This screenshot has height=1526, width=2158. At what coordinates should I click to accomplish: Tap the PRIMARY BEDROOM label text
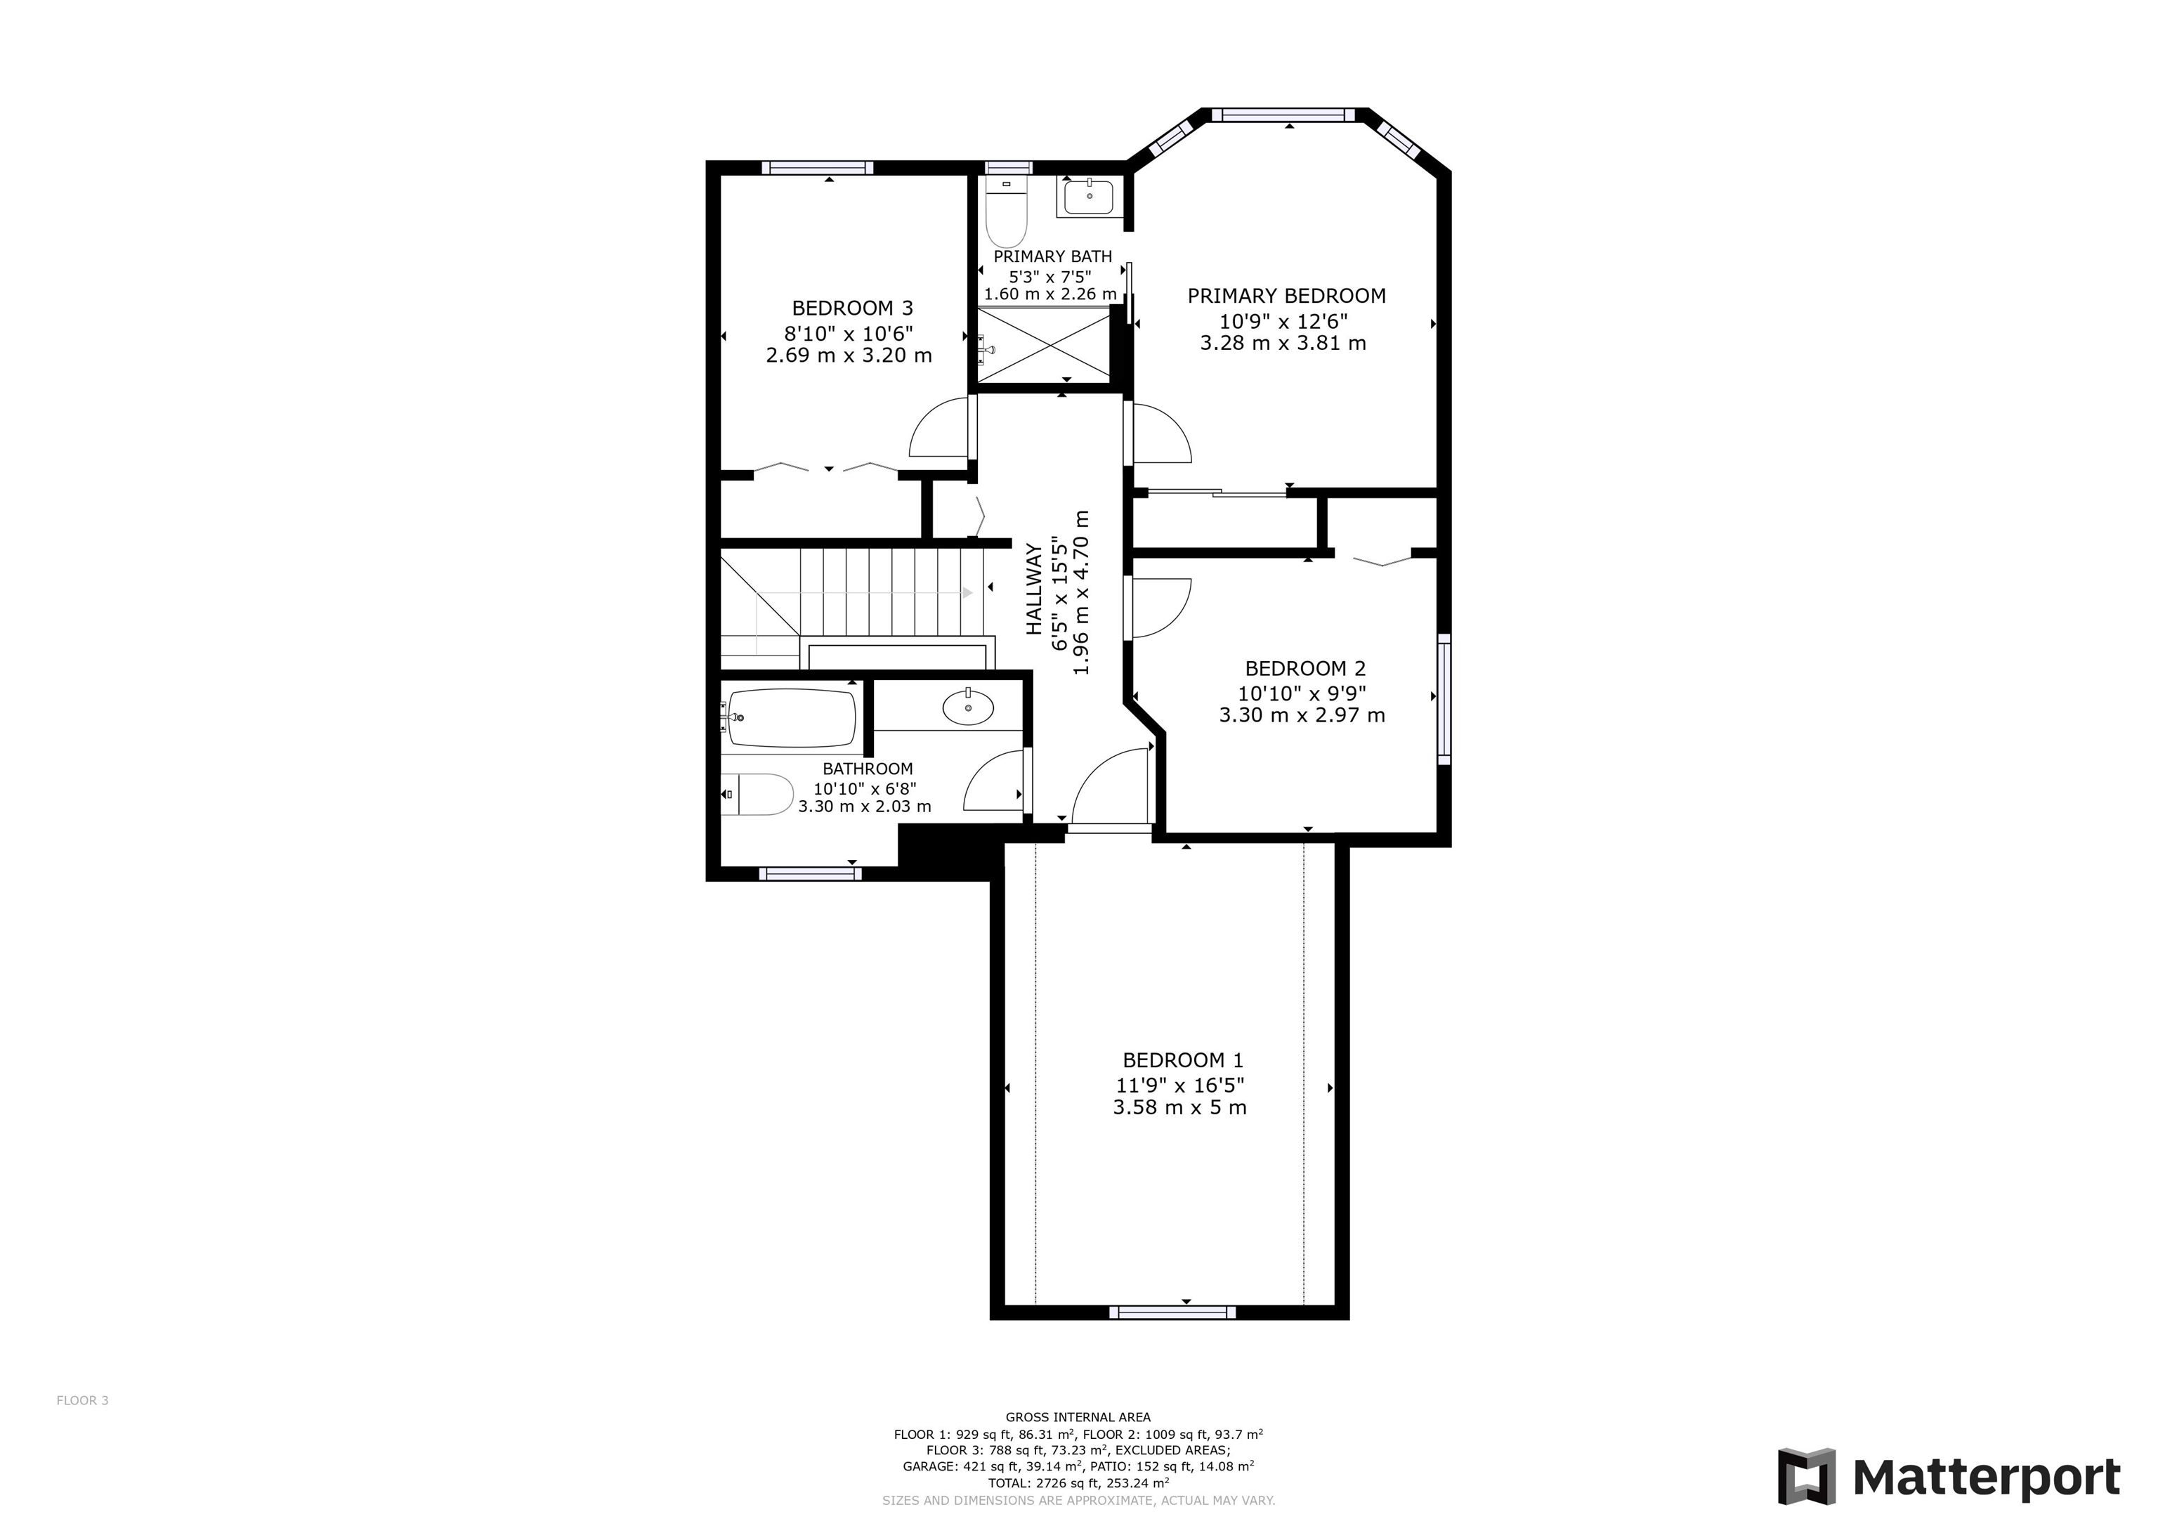[x=1286, y=296]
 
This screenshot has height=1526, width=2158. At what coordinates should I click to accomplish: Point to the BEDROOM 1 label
[x=1182, y=1061]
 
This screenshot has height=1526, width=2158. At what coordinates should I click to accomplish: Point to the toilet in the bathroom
[x=757, y=795]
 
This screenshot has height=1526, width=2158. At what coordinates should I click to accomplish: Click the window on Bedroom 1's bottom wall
[x=1172, y=1312]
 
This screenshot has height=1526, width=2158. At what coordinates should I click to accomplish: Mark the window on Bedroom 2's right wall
[x=1444, y=698]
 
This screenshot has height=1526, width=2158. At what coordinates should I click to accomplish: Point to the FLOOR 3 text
[x=83, y=1400]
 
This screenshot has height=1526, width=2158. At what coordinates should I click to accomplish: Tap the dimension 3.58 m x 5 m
[x=1179, y=1107]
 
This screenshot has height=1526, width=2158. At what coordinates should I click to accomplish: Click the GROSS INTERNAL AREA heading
[x=1078, y=1417]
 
